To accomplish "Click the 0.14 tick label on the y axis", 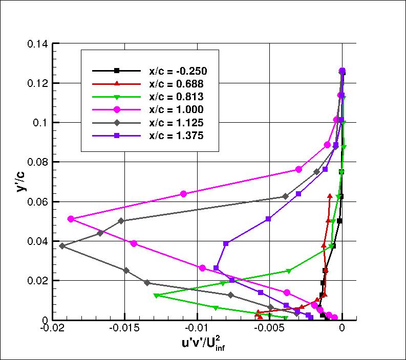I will coord(37,44).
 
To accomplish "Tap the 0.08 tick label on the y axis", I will coord(37,162).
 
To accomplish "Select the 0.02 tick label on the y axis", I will coord(37,281).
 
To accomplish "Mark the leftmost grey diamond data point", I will coord(62,246).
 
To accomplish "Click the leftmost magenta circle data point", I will coord(71,219).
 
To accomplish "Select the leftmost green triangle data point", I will coord(156,296).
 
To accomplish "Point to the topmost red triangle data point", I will coord(330,195).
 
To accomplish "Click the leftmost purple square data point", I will coord(217,268).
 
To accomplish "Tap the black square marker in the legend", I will coord(117,71).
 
